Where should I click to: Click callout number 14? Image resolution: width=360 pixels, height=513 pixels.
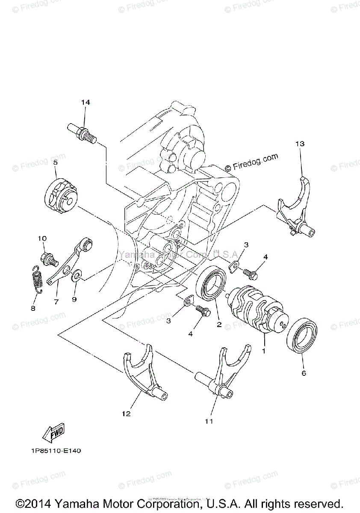(86, 102)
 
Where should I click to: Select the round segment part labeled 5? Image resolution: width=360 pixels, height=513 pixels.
(61, 195)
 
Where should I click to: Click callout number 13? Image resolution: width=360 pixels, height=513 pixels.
(299, 144)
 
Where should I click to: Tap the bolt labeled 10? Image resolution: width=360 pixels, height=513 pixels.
(48, 258)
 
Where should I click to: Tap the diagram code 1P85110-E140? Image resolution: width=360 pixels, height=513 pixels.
(56, 451)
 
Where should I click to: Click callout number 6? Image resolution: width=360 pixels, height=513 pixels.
(304, 373)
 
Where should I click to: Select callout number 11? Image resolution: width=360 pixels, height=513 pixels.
(208, 421)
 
